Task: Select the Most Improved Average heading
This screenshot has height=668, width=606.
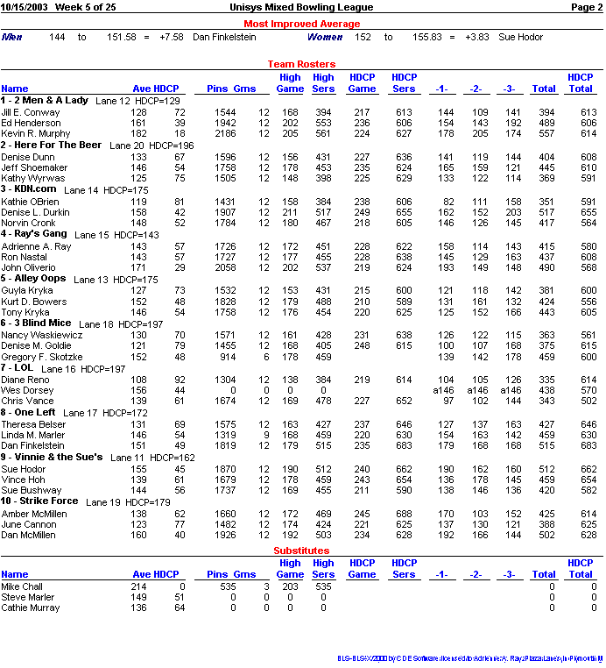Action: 301,24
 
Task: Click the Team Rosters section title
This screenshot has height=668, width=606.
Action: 301,64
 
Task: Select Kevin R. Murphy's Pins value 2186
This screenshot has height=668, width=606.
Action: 225,133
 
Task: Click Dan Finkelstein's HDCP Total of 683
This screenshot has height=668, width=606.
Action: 588,445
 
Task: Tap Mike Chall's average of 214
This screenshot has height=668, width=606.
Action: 138,586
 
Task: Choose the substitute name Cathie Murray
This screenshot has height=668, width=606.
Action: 31,608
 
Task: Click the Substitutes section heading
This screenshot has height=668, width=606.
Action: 301,551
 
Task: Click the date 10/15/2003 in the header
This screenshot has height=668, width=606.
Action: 24,7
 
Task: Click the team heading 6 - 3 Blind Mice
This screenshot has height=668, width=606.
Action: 36,323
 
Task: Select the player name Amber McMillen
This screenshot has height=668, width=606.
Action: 33,514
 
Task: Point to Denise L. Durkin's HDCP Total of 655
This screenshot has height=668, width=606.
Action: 588,212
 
